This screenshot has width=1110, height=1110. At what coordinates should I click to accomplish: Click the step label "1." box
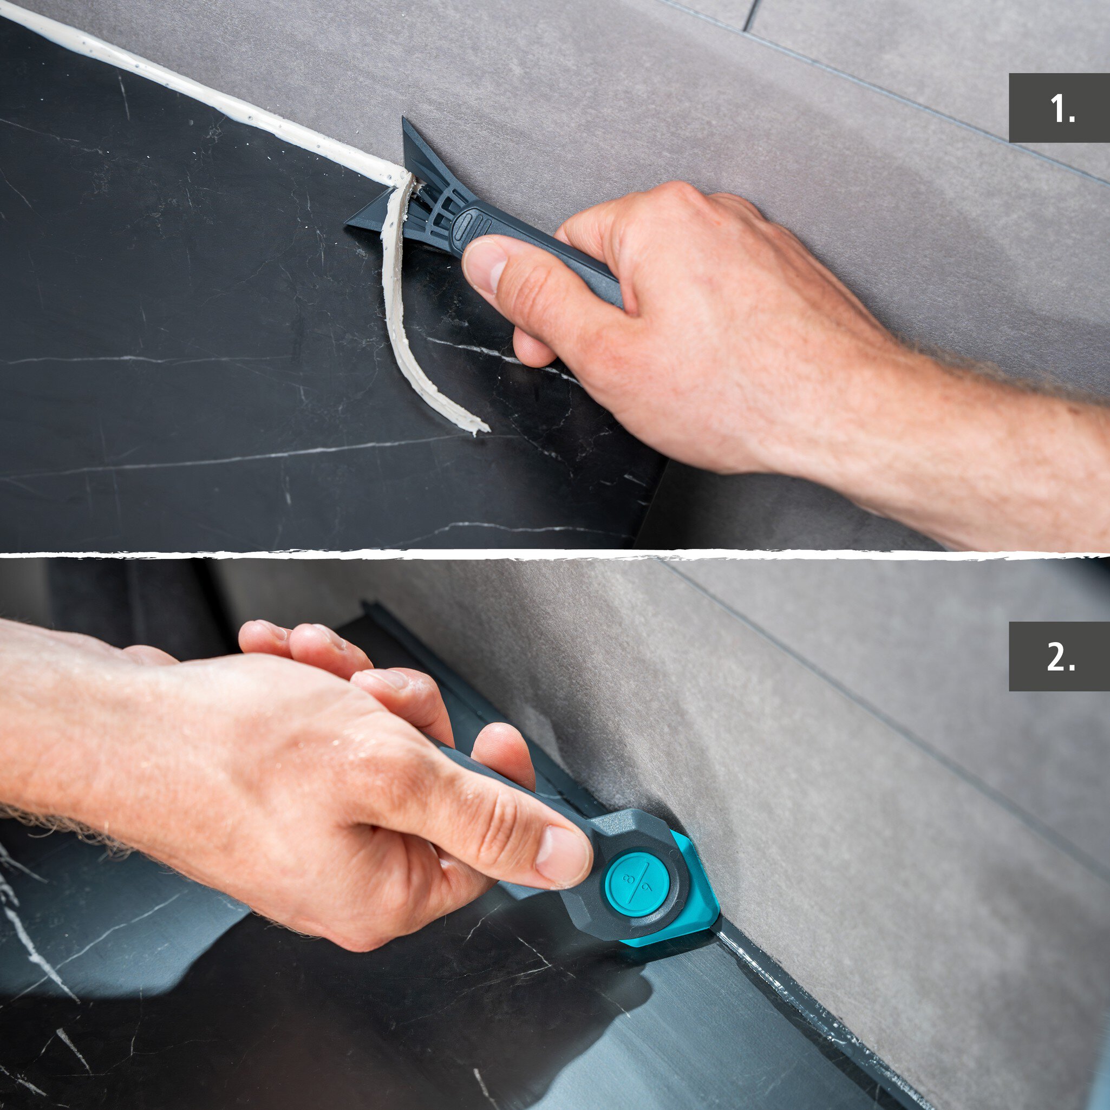1059,107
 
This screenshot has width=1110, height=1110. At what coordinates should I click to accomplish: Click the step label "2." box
1059,656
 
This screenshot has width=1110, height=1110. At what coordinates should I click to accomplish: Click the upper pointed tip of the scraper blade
404,120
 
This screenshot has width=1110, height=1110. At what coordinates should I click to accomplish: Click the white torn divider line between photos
555,555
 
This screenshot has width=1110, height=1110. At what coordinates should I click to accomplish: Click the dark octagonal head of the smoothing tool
629,873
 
